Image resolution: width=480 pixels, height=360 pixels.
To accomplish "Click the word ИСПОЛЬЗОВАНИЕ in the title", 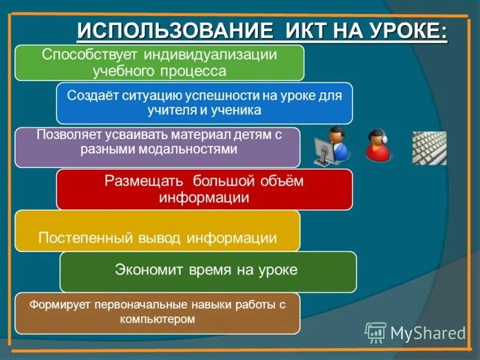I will coord(171,30).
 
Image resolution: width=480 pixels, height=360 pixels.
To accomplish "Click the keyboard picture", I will coord(429,148).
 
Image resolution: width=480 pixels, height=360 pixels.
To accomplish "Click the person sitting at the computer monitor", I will coord(332,146).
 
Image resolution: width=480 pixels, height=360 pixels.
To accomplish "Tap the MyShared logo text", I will coord(428,333).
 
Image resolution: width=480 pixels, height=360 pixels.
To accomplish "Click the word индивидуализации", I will coord(209,55).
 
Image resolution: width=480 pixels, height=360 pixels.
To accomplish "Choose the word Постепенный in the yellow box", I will coord(85,238).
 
